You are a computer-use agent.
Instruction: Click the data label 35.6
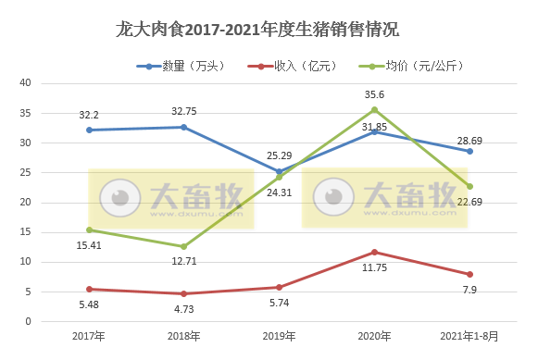point(375,94)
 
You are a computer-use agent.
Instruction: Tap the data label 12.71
point(184,262)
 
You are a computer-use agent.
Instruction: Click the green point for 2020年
point(375,109)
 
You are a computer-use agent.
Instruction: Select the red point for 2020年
point(375,252)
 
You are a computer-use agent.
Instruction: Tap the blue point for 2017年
point(89,130)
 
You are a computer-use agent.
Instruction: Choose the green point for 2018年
point(184,246)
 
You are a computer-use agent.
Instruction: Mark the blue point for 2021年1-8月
point(470,151)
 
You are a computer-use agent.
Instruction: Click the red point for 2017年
point(89,289)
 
